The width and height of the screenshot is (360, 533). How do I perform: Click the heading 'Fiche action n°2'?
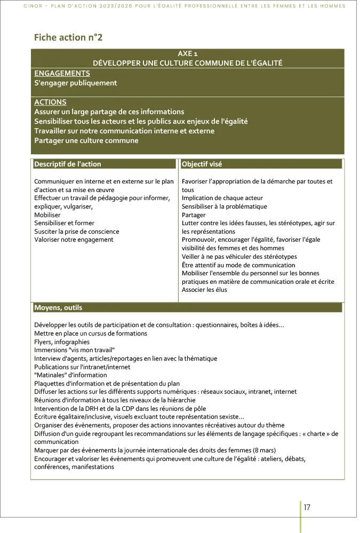coord(68,37)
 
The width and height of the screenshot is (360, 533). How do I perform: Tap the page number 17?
coord(307,507)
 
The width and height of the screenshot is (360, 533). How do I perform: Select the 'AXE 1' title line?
coord(187,54)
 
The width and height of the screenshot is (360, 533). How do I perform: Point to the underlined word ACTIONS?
coord(50,102)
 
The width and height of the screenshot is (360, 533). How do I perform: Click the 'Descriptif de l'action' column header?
coord(68,164)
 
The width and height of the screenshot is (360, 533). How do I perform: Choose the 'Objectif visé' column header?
coord(202,164)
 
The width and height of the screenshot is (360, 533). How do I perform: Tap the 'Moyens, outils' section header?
coord(58,308)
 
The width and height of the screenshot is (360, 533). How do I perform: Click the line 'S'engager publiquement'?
coord(75,83)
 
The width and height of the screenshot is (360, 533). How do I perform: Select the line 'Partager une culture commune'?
coord(86,140)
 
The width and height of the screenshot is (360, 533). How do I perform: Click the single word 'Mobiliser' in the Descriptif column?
coord(47,214)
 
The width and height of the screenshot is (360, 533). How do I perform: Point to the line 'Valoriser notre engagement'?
coord(74,240)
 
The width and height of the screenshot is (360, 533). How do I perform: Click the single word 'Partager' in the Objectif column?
coord(194,214)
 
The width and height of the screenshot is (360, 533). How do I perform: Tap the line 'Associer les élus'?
coord(204,290)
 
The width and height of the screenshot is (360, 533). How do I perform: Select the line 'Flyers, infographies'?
coord(62,342)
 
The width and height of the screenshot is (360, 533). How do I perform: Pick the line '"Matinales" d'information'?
coord(63,375)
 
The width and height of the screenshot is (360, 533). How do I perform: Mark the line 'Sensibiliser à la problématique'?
coord(225,206)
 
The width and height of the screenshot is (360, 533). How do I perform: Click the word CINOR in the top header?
coord(34,6)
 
